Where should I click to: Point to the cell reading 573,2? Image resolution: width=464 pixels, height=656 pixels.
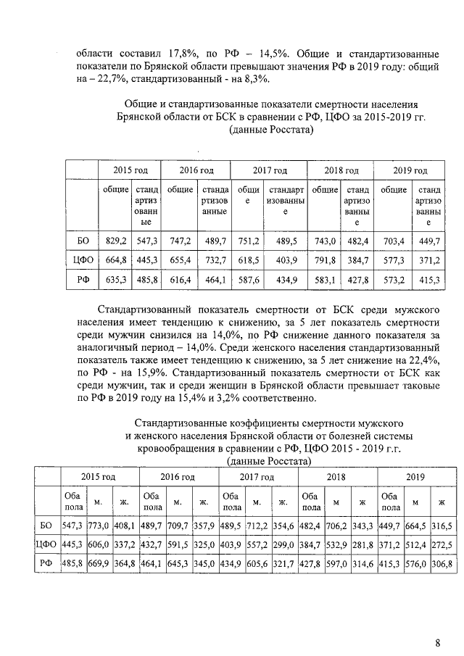point(394,279)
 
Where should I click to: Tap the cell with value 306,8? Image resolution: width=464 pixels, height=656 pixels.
point(440,562)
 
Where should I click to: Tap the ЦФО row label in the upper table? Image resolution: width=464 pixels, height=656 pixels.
point(82,260)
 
